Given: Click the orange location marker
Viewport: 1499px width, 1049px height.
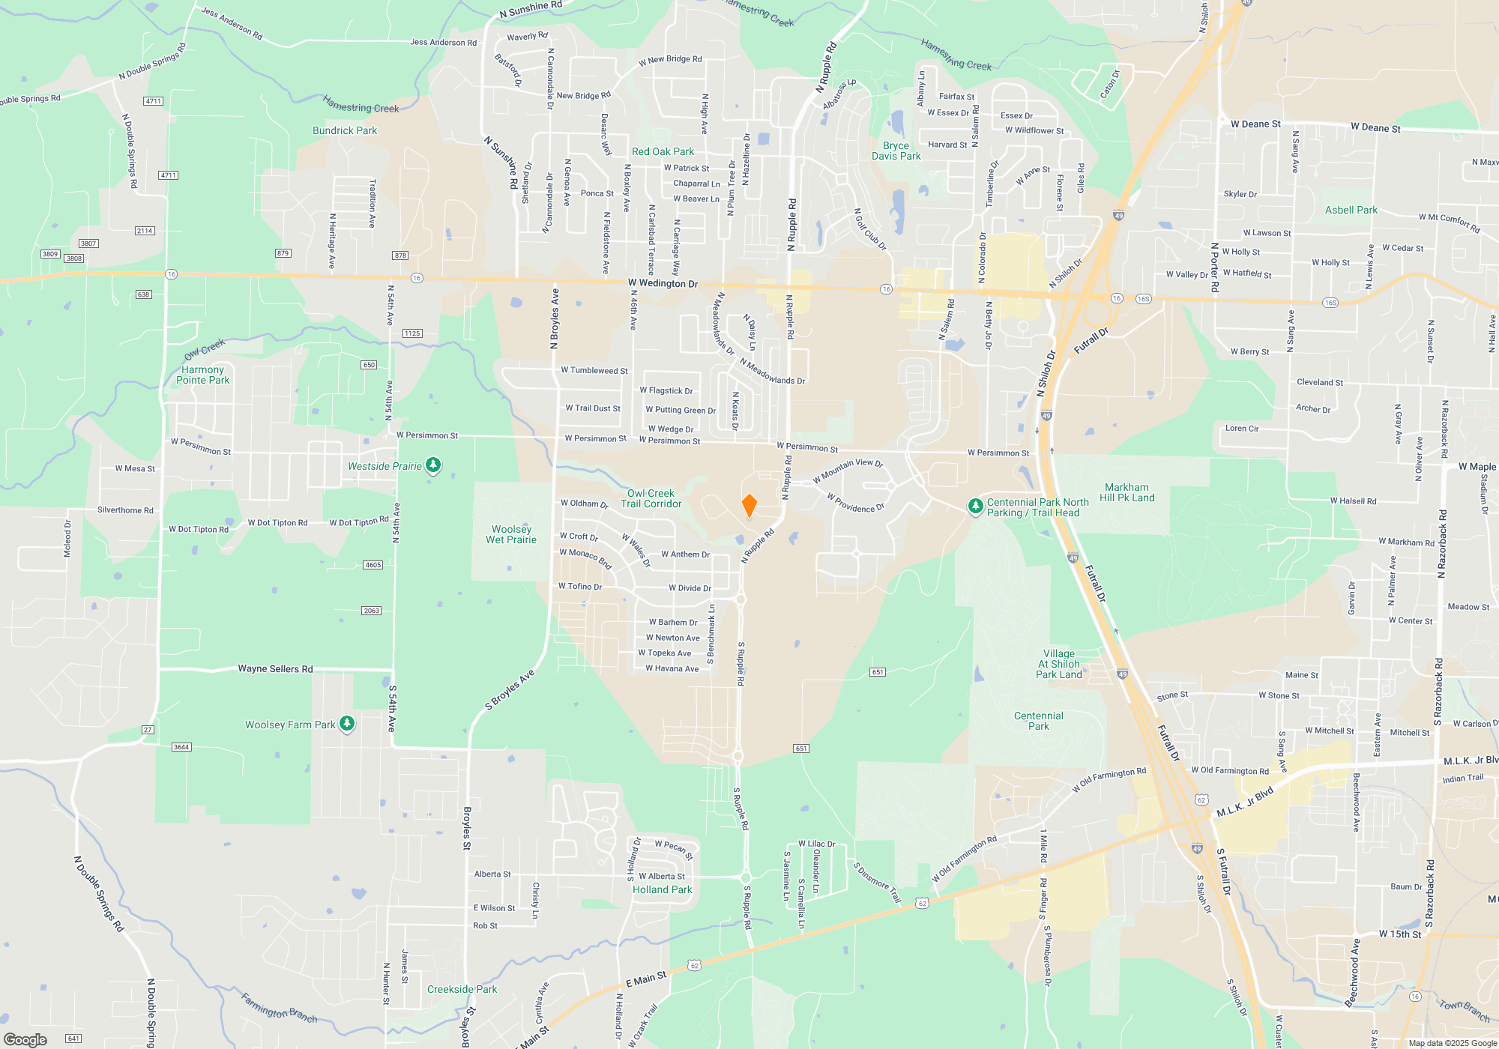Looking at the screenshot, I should [749, 506].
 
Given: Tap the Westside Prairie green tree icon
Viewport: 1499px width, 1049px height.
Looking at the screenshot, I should [432, 465].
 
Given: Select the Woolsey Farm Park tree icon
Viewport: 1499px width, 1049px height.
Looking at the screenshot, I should [346, 724].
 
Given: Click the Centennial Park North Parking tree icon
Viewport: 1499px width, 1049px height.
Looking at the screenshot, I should [975, 507].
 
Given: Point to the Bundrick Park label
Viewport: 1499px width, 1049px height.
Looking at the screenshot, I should [345, 130].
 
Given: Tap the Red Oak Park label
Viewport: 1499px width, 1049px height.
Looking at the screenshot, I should [663, 151].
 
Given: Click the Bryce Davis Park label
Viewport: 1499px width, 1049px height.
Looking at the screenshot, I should [896, 151].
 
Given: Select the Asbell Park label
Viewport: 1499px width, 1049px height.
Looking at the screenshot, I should [1351, 210].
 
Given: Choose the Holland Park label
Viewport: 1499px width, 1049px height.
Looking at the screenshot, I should [662, 889].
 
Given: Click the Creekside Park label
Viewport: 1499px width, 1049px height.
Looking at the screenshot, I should [462, 989].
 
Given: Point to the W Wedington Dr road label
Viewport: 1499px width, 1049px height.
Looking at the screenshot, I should [663, 283].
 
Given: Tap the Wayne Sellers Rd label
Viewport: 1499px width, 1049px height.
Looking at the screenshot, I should [275, 668].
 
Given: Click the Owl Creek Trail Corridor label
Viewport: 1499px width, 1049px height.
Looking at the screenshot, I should [651, 498].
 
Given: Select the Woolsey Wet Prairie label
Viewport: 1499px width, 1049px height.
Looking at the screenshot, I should [511, 534].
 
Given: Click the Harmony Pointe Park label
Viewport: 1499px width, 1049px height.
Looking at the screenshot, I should [202, 375].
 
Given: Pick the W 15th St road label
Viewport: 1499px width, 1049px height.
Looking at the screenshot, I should [1399, 934].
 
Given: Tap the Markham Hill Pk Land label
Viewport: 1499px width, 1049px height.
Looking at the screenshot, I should [1126, 492].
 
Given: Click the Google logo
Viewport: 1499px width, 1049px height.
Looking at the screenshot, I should [25, 1040].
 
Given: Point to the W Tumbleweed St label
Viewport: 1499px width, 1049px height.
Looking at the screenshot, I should [594, 370].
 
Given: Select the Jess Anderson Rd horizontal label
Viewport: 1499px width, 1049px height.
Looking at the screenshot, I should [443, 43].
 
